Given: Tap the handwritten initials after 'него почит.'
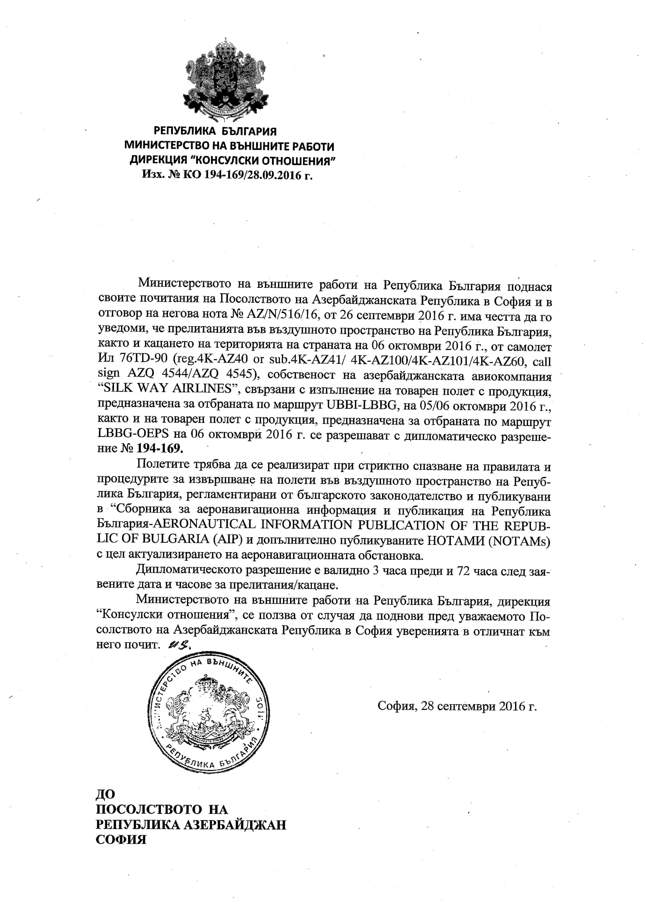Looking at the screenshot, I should (180, 645).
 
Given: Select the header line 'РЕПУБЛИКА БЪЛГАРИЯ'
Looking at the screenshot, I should (215, 131).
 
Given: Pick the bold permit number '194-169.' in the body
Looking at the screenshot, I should (160, 448).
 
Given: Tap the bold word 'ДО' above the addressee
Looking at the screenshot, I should (105, 794).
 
